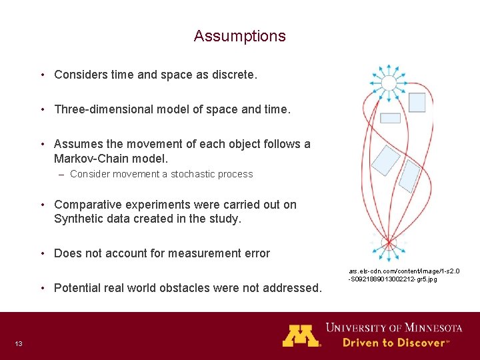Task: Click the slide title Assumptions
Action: click(239, 36)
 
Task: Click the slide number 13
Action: click(19, 343)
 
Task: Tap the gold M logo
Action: click(301, 335)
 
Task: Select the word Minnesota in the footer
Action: click(428, 327)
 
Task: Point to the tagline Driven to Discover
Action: click(393, 343)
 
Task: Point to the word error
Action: click(255, 253)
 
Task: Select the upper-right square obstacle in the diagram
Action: click(417, 102)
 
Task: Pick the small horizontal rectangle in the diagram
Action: click(390, 118)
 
